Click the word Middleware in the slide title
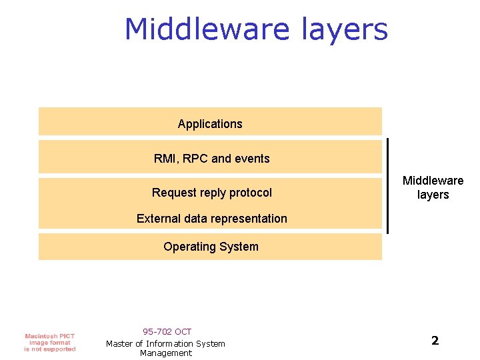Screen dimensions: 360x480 [x=205, y=30]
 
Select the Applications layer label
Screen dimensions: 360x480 [x=210, y=124]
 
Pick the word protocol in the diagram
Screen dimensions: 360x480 [x=251, y=193]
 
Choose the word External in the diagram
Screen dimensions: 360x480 [x=157, y=219]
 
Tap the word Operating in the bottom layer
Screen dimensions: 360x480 [x=187, y=247]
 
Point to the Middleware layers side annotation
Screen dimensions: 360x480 [x=433, y=188]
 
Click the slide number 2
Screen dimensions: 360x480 [x=435, y=341]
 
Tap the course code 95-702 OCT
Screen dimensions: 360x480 [x=167, y=331]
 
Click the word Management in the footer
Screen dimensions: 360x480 [x=166, y=353]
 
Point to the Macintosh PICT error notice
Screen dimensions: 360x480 [x=50, y=342]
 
